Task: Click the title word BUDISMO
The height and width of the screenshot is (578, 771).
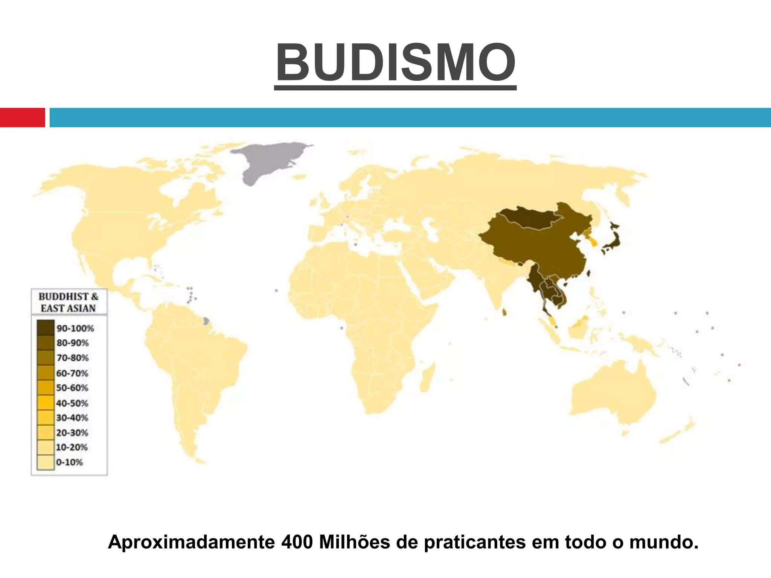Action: (x=395, y=62)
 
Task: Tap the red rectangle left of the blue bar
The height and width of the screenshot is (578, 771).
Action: (x=22, y=117)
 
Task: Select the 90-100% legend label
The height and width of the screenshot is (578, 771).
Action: (x=75, y=328)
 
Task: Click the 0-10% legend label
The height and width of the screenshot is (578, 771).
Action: (x=69, y=462)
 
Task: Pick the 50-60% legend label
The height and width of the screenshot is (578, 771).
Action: (x=72, y=388)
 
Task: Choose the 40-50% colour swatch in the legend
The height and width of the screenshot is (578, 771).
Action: (x=46, y=403)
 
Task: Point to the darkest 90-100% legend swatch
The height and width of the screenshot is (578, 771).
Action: (x=46, y=327)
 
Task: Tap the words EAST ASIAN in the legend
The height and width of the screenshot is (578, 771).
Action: (x=68, y=308)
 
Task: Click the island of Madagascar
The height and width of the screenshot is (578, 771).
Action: (x=427, y=376)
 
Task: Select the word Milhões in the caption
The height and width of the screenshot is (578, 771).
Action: (x=354, y=542)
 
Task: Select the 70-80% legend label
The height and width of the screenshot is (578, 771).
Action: (x=72, y=357)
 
